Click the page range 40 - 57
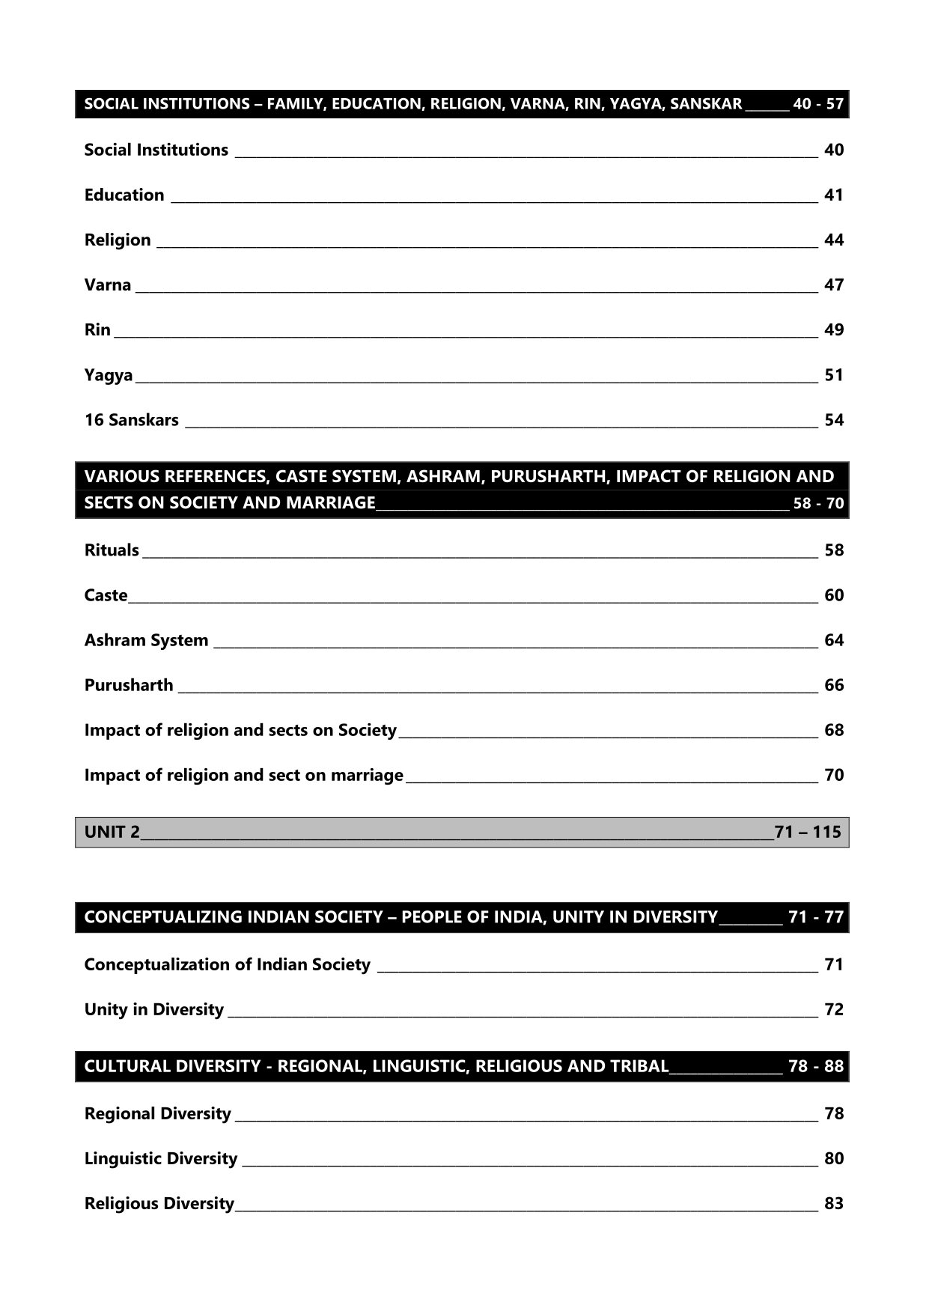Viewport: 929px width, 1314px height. tap(817, 104)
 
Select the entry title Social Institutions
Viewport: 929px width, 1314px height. tap(156, 150)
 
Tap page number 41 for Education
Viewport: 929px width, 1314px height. tap(833, 195)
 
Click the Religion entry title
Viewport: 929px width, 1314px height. tap(118, 240)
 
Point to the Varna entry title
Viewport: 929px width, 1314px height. tap(108, 285)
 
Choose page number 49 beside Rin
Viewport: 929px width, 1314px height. tap(833, 329)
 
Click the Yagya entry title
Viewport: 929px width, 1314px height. tap(109, 375)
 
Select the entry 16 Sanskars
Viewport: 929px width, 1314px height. tap(132, 420)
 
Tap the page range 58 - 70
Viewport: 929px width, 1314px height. tap(818, 503)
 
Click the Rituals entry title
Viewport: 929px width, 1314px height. tap(112, 550)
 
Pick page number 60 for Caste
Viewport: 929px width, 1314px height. tap(833, 595)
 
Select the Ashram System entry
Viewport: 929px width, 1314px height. tap(146, 640)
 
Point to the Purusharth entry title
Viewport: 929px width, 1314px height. tap(129, 685)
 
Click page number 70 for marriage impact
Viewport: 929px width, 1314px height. tap(833, 775)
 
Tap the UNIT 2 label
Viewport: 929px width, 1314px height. tap(112, 832)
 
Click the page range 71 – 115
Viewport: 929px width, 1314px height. tap(808, 832)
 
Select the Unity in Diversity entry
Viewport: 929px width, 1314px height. tap(154, 1009)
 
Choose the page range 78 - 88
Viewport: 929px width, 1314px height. tap(815, 1066)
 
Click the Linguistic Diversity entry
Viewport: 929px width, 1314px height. tap(161, 1158)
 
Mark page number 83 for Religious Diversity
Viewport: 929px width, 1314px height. tap(833, 1203)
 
